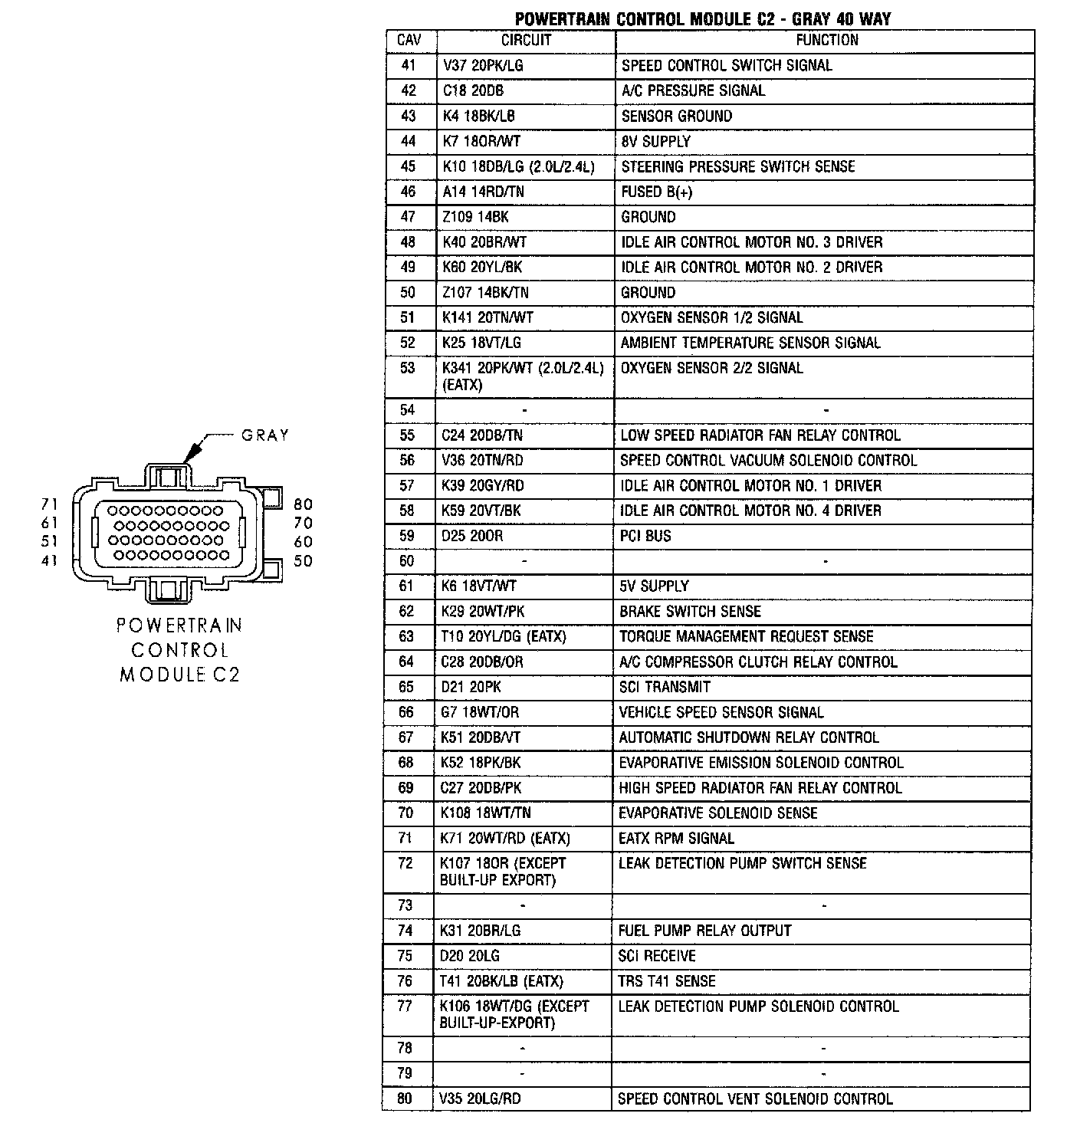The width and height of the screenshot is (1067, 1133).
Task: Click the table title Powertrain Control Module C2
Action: tap(702, 18)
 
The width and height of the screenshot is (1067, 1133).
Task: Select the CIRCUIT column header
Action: tap(526, 41)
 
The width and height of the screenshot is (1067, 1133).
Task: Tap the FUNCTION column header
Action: tap(826, 41)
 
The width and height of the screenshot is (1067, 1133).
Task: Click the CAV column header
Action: tap(409, 41)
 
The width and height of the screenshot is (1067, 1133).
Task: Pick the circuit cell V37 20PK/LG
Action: tap(483, 66)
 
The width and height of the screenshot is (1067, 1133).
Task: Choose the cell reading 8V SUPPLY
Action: tap(656, 142)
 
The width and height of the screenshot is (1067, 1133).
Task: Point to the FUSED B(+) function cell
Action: tap(657, 192)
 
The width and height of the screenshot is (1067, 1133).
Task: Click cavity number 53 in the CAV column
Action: tap(408, 369)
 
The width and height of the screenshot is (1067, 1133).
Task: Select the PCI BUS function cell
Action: tap(645, 536)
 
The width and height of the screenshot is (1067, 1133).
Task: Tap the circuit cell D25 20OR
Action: tap(472, 536)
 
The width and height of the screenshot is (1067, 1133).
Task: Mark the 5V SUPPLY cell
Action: tap(655, 586)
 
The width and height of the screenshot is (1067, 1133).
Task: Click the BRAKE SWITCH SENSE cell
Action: tap(691, 612)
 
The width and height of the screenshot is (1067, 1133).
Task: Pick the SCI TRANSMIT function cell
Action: tap(665, 687)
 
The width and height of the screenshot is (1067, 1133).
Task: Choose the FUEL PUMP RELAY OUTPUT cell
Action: tap(704, 931)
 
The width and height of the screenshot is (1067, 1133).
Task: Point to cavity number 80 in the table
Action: tap(405, 1099)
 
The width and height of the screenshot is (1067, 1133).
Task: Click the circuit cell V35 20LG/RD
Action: tap(480, 1099)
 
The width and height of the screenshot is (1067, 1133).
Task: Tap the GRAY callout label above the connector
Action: tap(265, 435)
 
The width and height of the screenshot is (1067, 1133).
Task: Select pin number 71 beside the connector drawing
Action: tap(50, 504)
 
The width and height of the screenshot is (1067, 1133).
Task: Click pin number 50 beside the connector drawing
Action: tap(304, 561)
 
